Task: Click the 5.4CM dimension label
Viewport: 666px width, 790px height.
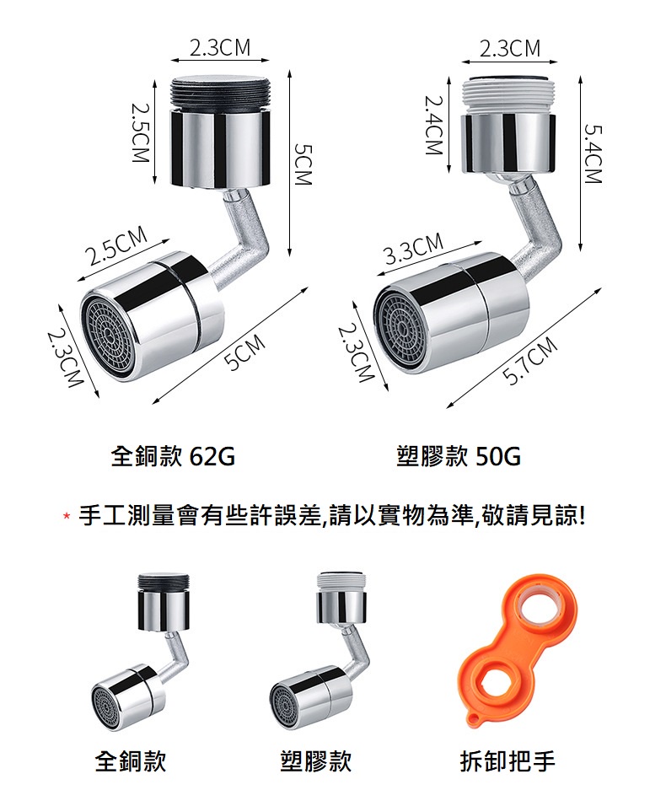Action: (593, 153)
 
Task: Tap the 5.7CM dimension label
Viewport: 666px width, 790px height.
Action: (530, 361)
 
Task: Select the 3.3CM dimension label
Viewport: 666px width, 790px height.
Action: (414, 249)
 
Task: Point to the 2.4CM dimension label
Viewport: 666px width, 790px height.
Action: (433, 126)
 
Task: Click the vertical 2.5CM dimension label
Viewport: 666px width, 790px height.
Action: (140, 132)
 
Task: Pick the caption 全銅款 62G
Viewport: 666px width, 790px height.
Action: (173, 456)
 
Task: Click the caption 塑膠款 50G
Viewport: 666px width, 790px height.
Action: (459, 456)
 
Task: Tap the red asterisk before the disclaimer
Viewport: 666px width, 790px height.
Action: (66, 517)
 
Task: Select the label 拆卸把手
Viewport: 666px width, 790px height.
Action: (508, 761)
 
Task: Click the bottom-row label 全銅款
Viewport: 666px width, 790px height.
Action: (131, 761)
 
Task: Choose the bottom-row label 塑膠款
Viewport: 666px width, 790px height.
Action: (316, 761)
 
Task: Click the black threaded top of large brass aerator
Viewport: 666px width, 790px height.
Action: (221, 94)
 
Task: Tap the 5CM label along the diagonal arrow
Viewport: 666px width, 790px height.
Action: (245, 352)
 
